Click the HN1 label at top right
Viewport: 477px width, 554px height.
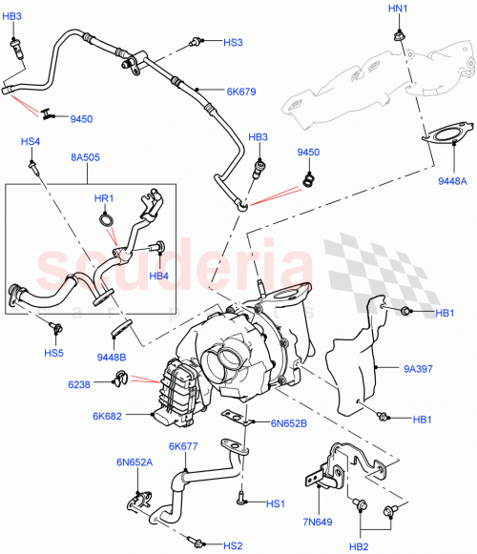click(397, 9)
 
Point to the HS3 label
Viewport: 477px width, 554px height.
click(234, 43)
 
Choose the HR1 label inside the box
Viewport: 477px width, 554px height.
click(104, 198)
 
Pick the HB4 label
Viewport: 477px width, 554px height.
click(158, 276)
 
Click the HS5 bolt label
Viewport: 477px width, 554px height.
click(53, 354)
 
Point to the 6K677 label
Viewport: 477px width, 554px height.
click(182, 446)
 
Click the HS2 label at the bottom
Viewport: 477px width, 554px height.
click(234, 545)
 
